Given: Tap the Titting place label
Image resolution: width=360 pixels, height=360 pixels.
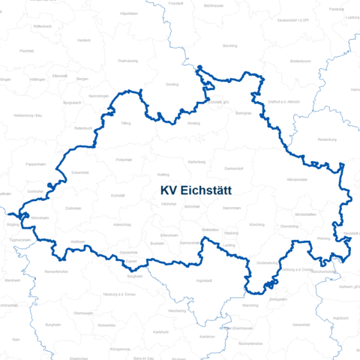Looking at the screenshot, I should tap(126, 122).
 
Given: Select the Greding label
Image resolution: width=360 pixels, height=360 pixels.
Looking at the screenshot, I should tap(172, 85).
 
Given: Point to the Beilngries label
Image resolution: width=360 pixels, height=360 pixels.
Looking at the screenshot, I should tap(243, 112).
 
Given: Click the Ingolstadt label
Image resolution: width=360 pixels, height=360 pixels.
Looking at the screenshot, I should tap(203, 280).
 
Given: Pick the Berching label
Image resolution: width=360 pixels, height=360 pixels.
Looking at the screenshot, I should tap(230, 46).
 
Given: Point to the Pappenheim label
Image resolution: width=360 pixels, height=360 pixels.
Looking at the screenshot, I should tap(36, 163).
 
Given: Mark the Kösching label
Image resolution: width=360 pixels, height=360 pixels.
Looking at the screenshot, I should tap(256, 224).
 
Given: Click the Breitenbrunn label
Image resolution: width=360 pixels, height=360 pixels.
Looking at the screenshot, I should tap(301, 61).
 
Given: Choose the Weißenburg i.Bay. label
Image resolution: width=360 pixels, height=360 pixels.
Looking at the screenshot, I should tap(28, 115).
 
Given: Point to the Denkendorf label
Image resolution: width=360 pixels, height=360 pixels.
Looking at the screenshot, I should tap(234, 168).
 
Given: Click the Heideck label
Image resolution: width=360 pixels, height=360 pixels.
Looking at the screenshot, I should tap(83, 40).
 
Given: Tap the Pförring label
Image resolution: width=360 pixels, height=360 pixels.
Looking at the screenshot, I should tap(323, 238).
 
